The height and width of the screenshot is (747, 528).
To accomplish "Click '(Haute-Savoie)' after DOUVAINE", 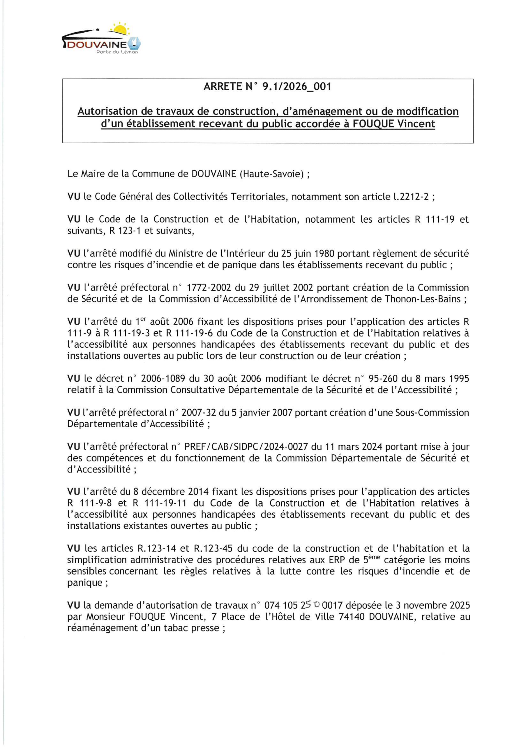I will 271,174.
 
